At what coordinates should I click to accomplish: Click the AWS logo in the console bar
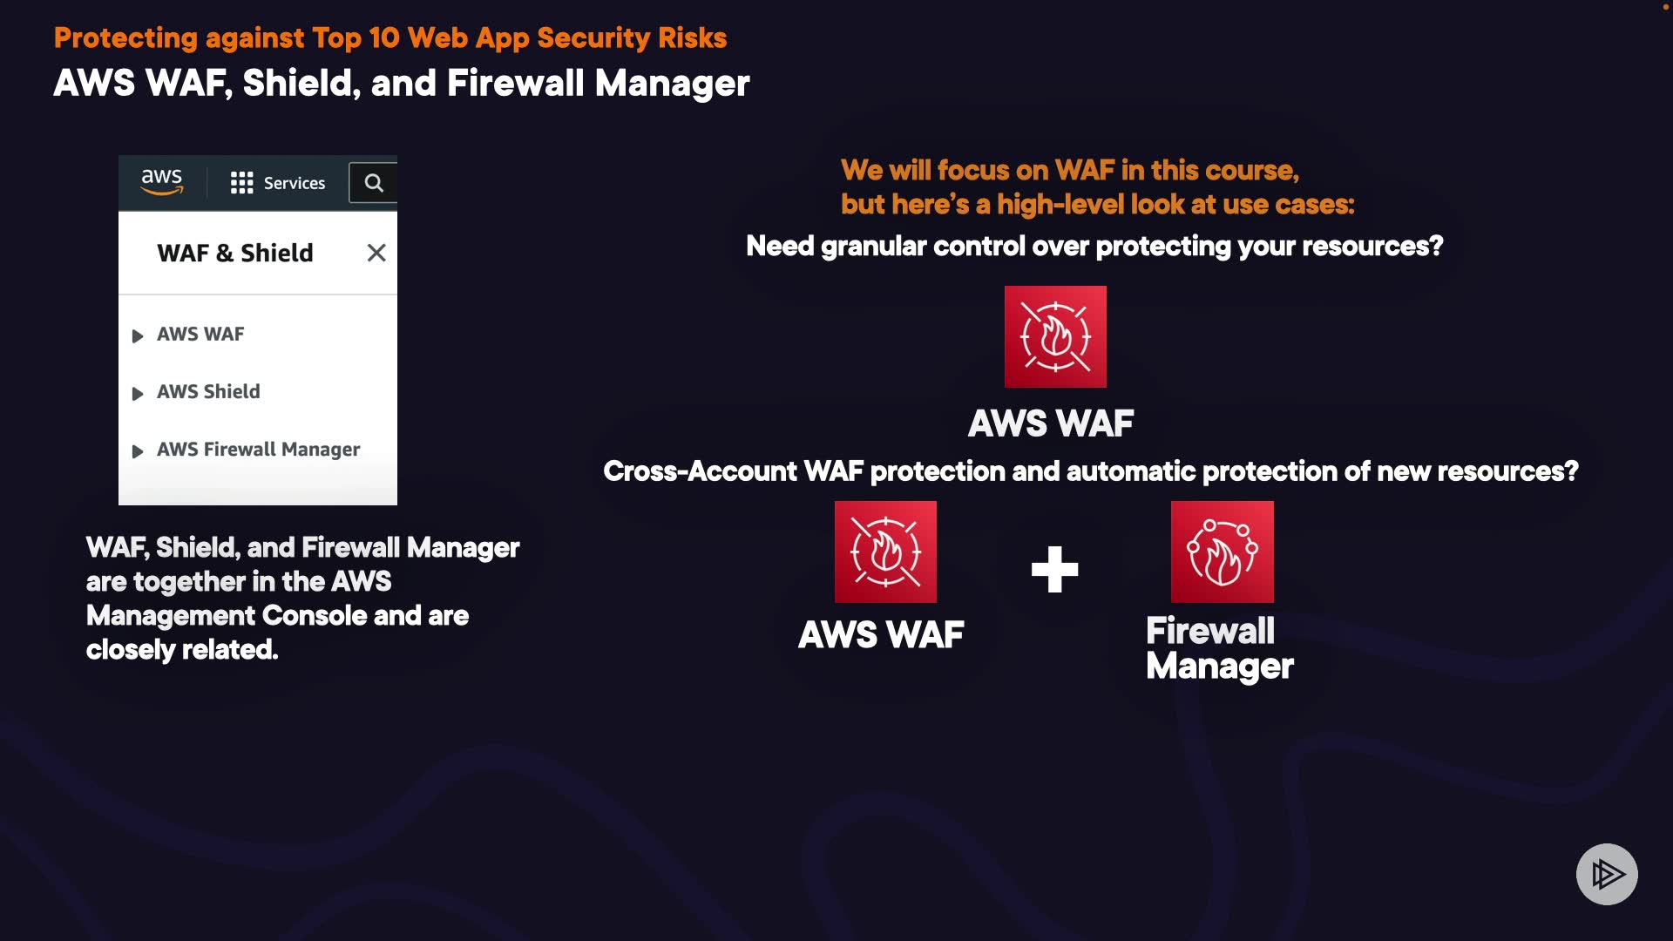[x=162, y=182]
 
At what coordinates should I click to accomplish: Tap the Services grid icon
[x=241, y=183]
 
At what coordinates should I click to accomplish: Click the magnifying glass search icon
[x=374, y=183]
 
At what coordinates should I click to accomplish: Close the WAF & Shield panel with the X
[x=376, y=253]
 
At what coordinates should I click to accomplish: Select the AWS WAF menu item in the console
[x=200, y=335]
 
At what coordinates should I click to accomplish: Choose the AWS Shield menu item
[x=208, y=392]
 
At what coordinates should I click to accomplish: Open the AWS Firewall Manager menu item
[x=258, y=450]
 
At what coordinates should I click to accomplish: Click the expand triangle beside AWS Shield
[x=138, y=394]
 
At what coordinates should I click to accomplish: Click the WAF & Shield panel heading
[x=235, y=253]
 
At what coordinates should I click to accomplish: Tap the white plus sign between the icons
[x=1054, y=570]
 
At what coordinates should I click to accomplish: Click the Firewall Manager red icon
[x=1222, y=552]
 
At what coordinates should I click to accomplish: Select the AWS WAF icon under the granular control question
[x=1055, y=337]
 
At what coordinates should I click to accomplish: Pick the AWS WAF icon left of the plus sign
[x=885, y=552]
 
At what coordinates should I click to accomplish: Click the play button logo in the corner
[x=1607, y=874]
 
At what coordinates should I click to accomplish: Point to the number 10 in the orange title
[x=383, y=38]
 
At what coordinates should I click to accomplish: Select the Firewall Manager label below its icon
[x=1219, y=648]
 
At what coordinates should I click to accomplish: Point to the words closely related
[x=182, y=650]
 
